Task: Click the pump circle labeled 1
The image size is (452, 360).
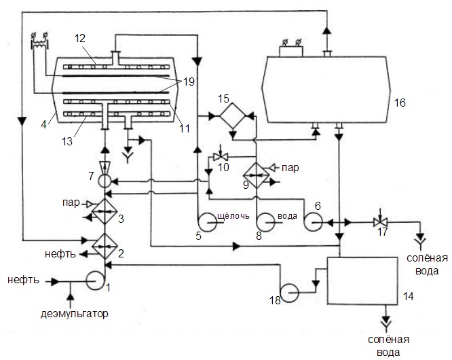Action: coord(96,281)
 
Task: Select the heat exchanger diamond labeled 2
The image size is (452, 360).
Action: coord(105,246)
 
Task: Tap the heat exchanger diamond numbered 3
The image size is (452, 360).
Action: coord(105,211)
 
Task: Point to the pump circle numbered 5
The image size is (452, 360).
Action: coord(206,222)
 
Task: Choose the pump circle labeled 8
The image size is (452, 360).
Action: coord(265,222)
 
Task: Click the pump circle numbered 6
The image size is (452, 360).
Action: coord(313,222)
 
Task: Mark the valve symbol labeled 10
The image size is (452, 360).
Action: coord(221,157)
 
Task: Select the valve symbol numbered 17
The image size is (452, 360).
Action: coord(381,222)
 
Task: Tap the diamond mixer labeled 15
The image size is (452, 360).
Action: coord(233,116)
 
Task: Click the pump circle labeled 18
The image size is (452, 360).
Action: coord(289,293)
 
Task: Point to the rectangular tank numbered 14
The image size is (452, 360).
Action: coord(362,281)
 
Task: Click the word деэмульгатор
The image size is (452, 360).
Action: coord(75,314)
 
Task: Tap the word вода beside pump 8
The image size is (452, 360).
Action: coord(287,216)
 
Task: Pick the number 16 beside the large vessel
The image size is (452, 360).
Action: coord(400,103)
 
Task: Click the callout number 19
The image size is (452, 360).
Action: coord(189,82)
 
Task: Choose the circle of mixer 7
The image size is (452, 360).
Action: coord(105,182)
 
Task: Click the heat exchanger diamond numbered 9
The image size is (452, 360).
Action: coord(257,175)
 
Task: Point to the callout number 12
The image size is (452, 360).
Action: coord(81,38)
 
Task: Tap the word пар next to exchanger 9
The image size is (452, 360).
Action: coord(290,168)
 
